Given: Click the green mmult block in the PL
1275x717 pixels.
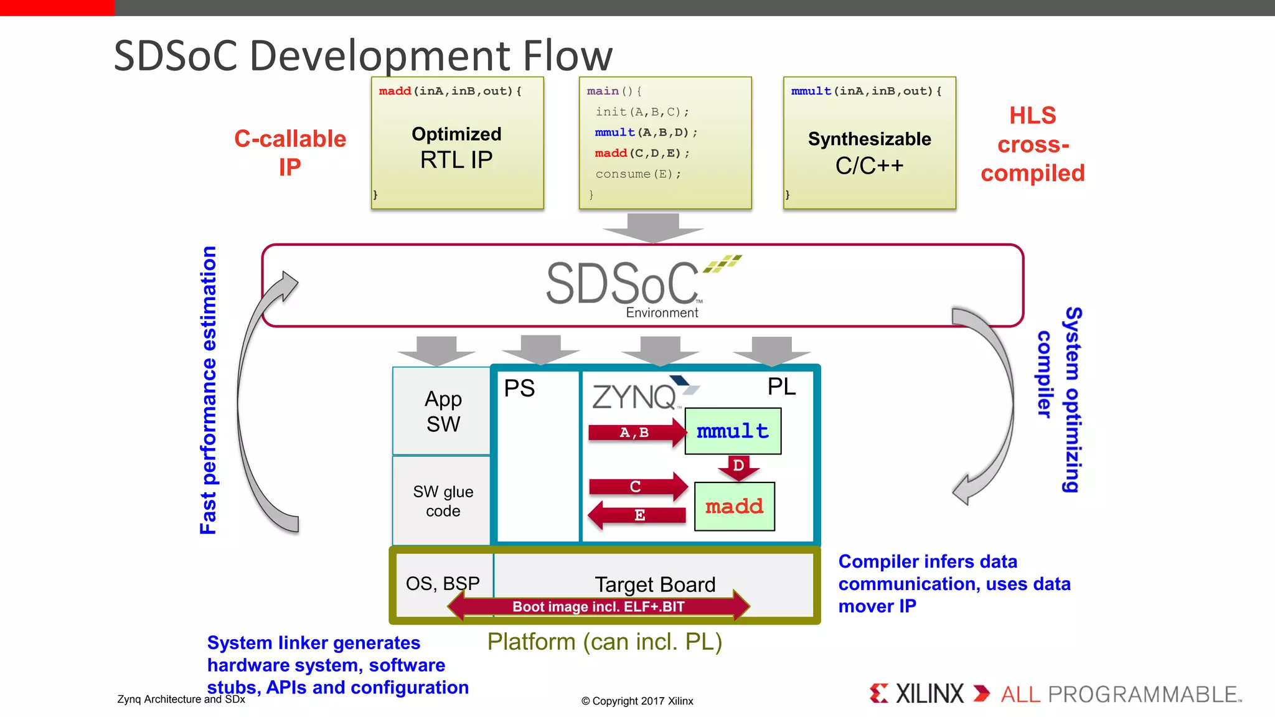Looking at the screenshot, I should [x=733, y=431].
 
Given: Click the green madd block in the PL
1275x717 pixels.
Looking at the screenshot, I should [x=734, y=506].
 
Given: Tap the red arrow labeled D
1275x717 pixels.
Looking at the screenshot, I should [x=738, y=467].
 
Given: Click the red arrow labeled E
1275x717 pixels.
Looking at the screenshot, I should [x=637, y=515].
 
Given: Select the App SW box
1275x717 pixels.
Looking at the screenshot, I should [x=442, y=411].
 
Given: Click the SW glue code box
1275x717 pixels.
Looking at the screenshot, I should [x=442, y=501].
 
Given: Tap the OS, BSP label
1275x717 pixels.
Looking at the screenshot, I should [x=443, y=583].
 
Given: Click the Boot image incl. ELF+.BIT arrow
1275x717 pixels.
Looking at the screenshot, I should [x=598, y=606].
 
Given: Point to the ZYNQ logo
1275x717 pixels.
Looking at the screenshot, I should [x=641, y=395].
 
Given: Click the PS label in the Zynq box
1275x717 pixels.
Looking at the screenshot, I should [x=519, y=388].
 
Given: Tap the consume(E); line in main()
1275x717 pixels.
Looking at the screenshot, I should [x=638, y=174].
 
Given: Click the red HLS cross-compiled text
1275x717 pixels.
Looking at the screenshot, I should [x=1032, y=144].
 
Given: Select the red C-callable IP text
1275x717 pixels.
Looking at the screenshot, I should [x=290, y=152].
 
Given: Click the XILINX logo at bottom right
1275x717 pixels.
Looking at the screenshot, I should [x=917, y=693].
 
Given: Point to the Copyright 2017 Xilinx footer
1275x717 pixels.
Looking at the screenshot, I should [x=637, y=701].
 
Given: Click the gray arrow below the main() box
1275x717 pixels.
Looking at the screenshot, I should [x=652, y=227].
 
